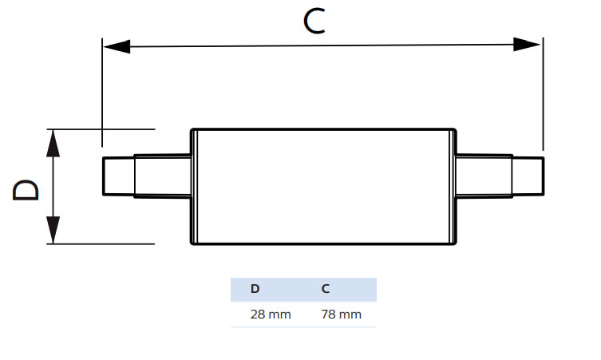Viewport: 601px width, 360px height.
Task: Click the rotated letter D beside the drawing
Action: coord(26,189)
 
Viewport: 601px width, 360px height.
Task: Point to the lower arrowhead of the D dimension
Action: coord(53,231)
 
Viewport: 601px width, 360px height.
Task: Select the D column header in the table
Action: coord(255,289)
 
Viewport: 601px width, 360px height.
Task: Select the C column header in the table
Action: coord(326,289)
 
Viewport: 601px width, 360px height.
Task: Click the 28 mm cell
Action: coord(271,315)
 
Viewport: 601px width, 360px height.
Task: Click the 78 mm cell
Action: coord(341,315)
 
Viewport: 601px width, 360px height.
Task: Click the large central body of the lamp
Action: coord(323,187)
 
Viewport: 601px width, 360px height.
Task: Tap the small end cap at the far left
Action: coord(117,176)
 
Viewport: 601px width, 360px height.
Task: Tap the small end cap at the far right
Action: coord(528,176)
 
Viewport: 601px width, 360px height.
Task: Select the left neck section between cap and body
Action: coord(162,176)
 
